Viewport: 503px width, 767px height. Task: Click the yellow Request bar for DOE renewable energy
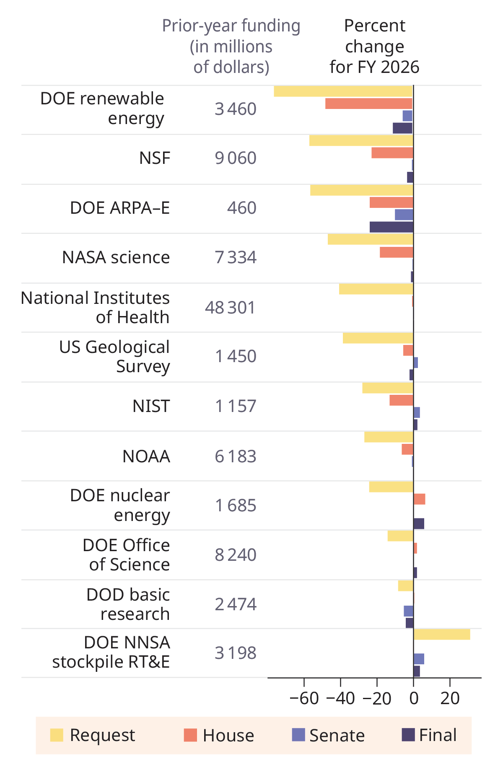point(343,91)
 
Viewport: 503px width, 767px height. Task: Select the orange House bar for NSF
point(392,153)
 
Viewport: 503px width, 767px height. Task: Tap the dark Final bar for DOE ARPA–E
point(392,227)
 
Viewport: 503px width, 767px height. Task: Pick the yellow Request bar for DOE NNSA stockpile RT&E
point(442,635)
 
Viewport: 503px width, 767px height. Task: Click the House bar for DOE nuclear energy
point(419,499)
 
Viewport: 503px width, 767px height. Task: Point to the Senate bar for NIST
point(417,412)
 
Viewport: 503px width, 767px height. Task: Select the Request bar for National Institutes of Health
point(376,289)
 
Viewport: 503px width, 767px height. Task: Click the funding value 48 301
point(230,308)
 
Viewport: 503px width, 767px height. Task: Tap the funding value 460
point(241,208)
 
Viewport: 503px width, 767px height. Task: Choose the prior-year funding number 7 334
point(236,257)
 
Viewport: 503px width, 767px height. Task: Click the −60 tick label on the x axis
point(304,699)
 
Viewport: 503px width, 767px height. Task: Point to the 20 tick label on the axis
point(450,699)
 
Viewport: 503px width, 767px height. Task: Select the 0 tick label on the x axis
point(414,699)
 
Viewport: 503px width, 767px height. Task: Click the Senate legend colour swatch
point(298,735)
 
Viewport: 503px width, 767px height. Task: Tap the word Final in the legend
point(438,735)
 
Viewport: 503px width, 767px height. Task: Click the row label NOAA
point(146,456)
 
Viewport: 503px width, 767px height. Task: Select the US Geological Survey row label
point(114,357)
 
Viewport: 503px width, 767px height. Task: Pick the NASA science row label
point(116,257)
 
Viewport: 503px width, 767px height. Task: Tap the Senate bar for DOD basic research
point(409,611)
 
